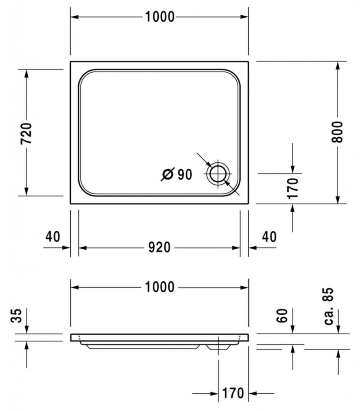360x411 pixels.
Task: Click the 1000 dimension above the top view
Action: pos(160,17)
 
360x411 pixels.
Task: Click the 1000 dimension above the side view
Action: pos(160,287)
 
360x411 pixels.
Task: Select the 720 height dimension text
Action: pos(26,133)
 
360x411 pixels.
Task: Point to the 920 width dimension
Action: pos(159,247)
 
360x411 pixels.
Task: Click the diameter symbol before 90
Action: pos(168,174)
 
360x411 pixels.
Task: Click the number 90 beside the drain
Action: pos(185,174)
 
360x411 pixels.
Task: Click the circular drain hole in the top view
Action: pos(218,174)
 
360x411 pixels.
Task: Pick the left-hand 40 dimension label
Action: pos(53,236)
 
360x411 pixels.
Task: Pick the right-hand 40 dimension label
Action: pos(269,237)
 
